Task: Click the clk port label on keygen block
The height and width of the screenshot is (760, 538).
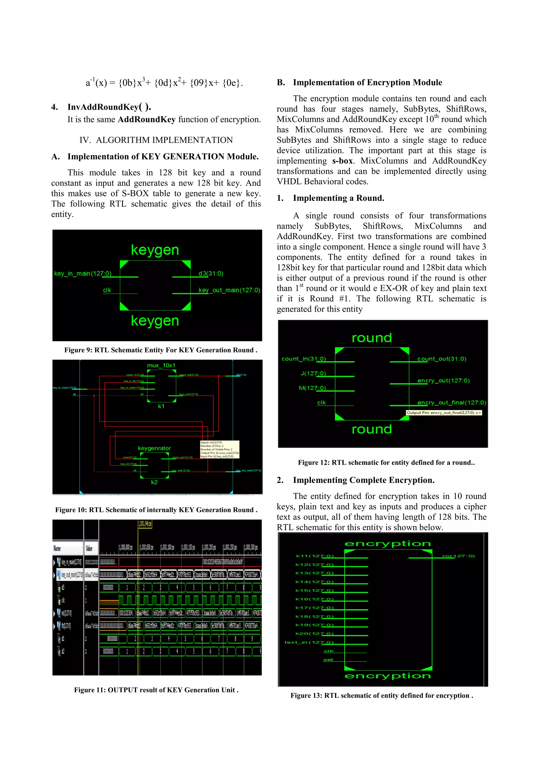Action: tap(107, 290)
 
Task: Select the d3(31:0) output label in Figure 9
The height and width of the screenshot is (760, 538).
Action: tap(211, 273)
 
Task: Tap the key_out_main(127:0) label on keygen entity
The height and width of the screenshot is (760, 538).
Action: tap(229, 290)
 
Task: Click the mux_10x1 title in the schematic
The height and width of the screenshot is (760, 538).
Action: tap(161, 365)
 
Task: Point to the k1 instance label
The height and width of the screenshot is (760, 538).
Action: tap(161, 406)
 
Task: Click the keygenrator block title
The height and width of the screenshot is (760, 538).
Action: tap(154, 448)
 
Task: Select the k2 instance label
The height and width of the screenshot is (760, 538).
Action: tap(154, 482)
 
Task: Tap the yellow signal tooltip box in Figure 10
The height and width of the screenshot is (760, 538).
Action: tap(219, 449)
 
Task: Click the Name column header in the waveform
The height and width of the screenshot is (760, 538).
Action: tap(57, 548)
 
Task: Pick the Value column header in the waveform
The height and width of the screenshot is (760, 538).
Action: tap(89, 548)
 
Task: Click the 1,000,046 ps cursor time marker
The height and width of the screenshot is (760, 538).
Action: tap(145, 524)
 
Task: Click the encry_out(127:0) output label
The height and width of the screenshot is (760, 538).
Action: tap(443, 381)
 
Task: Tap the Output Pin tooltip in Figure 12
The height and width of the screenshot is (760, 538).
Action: tap(444, 413)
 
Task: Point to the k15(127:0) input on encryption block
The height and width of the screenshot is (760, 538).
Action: tap(314, 590)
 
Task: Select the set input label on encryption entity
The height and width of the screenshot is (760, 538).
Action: tap(328, 660)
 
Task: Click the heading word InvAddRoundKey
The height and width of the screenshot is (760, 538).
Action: tap(103, 107)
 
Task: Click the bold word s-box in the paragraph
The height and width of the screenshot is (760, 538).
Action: tap(343, 161)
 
